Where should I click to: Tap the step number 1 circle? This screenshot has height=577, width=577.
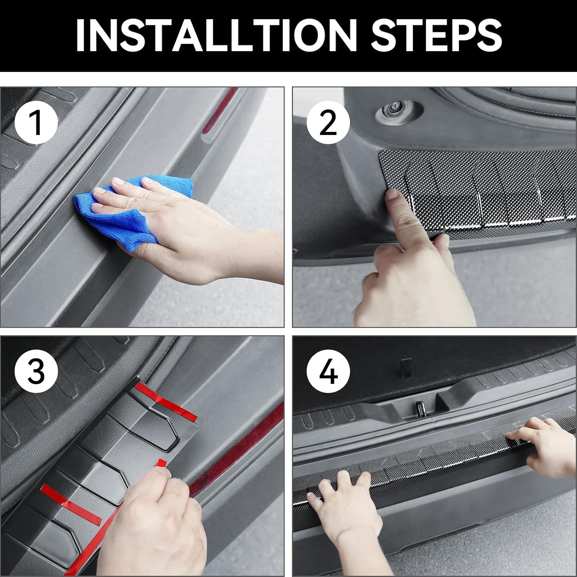click(x=36, y=122)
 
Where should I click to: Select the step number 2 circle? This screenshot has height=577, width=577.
click(x=328, y=122)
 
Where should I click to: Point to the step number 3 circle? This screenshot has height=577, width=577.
click(x=36, y=371)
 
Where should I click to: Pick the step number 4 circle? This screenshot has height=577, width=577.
click(x=328, y=371)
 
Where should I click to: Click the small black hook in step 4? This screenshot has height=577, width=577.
click(x=405, y=367)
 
